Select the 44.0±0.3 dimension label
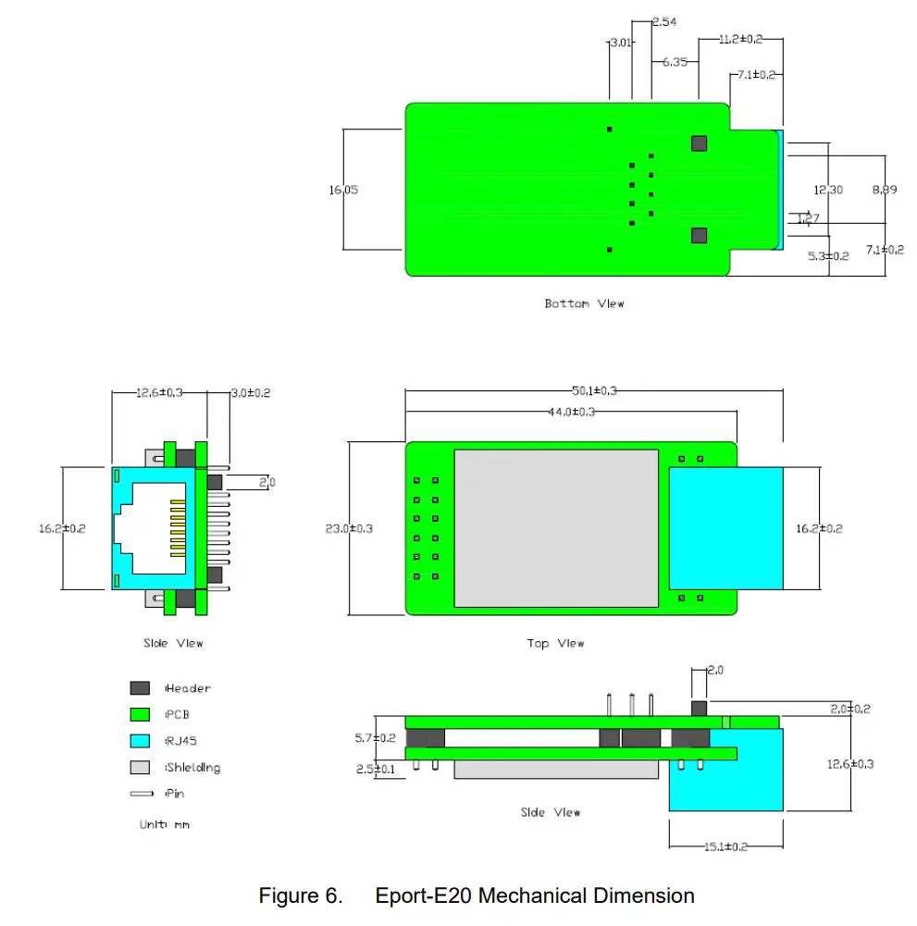coord(573,412)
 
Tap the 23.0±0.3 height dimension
coord(349,529)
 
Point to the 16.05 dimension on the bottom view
coord(343,190)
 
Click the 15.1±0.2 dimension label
coord(726,846)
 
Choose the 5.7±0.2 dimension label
coord(376,738)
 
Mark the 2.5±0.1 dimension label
coord(376,769)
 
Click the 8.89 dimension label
coord(885,190)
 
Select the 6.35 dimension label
coord(674,63)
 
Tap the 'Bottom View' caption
coord(584,303)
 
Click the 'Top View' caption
coord(555,643)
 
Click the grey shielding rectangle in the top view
coord(555,528)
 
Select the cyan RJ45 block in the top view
coord(725,527)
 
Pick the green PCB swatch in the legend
coord(140,714)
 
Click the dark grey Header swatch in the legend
coord(140,688)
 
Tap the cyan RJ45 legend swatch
coord(140,741)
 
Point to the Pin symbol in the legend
coord(142,793)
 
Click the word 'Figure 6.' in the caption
coord(300,895)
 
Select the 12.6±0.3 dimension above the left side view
coord(159,393)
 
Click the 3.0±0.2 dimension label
coord(250,393)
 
